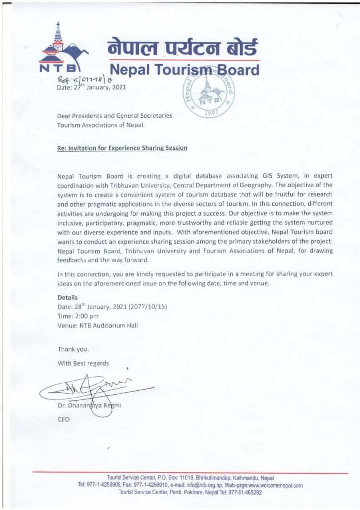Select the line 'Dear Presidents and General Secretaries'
pos(115,116)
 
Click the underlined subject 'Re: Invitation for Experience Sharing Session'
pos(122,148)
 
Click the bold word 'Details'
pos(68,298)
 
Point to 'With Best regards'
pos(83,363)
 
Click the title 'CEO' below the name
pos(64,419)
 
